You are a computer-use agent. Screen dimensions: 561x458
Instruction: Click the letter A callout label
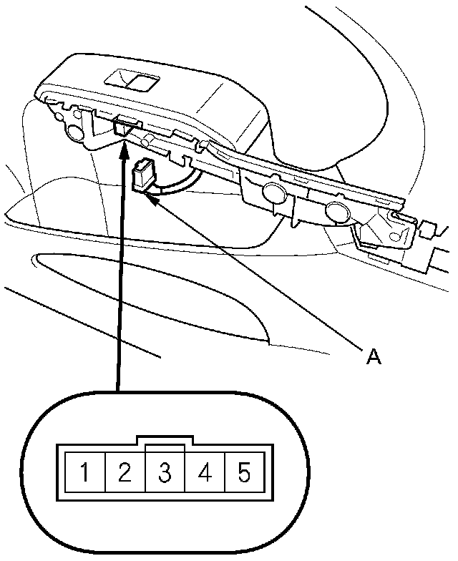tap(372, 356)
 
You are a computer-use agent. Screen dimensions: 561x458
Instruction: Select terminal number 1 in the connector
tap(84, 472)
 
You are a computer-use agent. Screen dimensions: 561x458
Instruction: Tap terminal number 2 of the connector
tap(125, 472)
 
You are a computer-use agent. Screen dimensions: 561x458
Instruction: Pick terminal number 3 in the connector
tap(165, 472)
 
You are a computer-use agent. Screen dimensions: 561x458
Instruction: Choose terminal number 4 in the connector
tap(205, 472)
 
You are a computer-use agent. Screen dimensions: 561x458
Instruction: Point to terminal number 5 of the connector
tap(244, 472)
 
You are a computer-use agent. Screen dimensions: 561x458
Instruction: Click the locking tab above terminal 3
tap(165, 440)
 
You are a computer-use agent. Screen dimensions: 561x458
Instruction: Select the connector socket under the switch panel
tap(123, 127)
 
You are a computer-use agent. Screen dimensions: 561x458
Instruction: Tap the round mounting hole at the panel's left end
tap(73, 132)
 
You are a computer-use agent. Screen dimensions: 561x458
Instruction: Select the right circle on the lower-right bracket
tap(335, 211)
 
